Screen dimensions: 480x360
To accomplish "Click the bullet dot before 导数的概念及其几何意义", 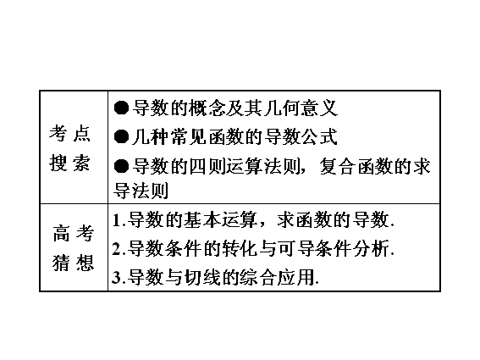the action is click(x=121, y=108).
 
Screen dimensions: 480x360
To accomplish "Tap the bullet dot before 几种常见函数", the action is click(x=121, y=136).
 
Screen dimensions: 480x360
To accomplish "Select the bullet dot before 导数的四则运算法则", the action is click(x=121, y=166).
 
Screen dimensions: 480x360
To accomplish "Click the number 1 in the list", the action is click(x=116, y=220).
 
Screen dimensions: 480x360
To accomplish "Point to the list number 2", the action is click(x=117, y=248).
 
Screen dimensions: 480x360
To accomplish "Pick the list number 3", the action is click(x=117, y=277).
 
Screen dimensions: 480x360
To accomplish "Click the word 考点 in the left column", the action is click(x=69, y=134).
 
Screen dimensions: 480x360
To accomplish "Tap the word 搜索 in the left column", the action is click(x=69, y=163).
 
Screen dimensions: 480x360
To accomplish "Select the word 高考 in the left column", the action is click(x=73, y=233).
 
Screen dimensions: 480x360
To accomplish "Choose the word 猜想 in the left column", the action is click(x=73, y=263).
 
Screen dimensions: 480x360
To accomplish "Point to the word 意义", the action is click(x=319, y=108).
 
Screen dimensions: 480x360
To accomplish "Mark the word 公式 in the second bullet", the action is click(x=319, y=136).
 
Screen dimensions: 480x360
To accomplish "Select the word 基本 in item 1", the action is click(x=202, y=220).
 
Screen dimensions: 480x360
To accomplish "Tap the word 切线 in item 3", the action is click(x=202, y=277).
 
